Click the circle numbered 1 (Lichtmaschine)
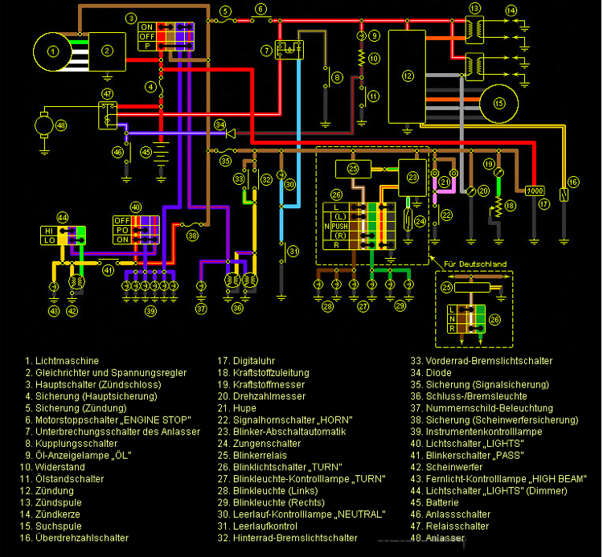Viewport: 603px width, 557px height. coord(53,52)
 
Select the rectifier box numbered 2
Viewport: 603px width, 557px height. coord(106,52)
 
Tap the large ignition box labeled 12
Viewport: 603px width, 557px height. coord(408,76)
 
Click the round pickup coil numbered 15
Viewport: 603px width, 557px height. coord(499,103)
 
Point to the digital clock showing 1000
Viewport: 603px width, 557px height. coord(535,191)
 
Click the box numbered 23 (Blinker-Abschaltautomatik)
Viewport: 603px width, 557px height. coord(412,177)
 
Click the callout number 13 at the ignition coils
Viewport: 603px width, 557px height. coord(475,8)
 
